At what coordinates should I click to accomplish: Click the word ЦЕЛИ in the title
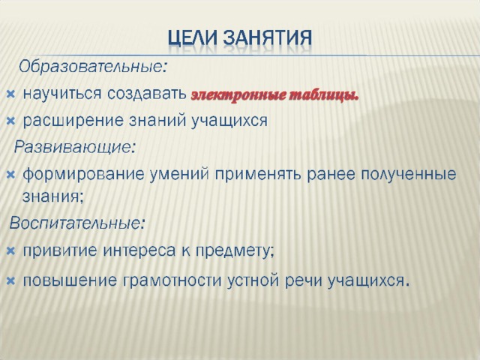193,38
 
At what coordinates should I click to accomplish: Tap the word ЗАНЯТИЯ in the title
267,38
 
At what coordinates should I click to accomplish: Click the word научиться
61,94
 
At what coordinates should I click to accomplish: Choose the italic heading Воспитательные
76,223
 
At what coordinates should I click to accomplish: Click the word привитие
60,251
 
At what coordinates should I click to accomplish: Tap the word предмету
235,251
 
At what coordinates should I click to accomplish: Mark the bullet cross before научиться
10,94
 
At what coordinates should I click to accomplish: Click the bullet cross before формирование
10,175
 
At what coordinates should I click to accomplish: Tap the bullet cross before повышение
10,280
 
